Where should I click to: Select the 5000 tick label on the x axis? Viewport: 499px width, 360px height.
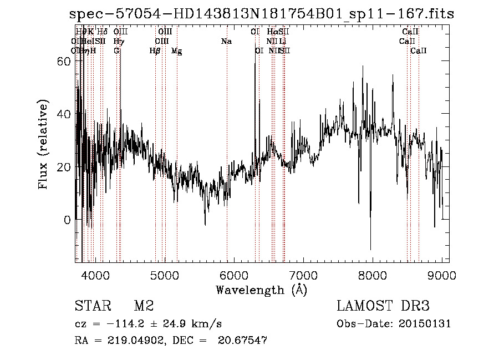pyautogui.click(x=165, y=274)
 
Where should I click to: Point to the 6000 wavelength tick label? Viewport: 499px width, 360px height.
pyautogui.click(x=234, y=274)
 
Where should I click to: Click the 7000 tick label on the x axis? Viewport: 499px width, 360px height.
pyautogui.click(x=303, y=274)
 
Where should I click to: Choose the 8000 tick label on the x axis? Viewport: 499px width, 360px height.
pyautogui.click(x=373, y=274)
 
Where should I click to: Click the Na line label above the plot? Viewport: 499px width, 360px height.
pyautogui.click(x=226, y=41)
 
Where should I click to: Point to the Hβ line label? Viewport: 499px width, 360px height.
pyautogui.click(x=155, y=50)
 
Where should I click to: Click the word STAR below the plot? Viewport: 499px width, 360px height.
pyautogui.click(x=91, y=306)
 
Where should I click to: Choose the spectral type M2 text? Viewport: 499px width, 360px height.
pyautogui.click(x=144, y=306)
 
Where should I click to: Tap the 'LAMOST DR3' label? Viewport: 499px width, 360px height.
pyautogui.click(x=383, y=306)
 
